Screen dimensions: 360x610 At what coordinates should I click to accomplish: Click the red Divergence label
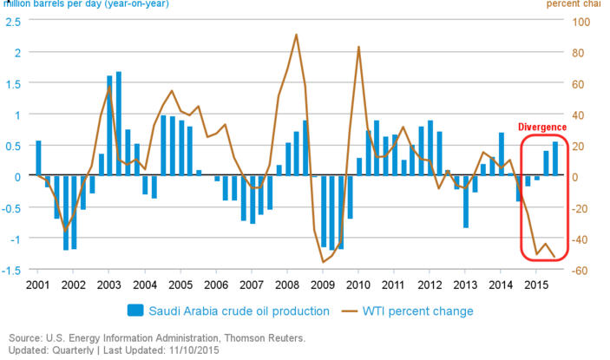coord(542,127)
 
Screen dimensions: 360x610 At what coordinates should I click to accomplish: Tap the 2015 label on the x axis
coord(536,285)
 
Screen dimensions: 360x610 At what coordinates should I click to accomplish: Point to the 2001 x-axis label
coord(37,285)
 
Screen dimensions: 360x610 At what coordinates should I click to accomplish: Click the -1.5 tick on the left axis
coord(12,270)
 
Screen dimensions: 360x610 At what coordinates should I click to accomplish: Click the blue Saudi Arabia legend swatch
coord(135,311)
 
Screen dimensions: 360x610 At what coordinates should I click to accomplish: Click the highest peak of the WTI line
coord(296,35)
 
